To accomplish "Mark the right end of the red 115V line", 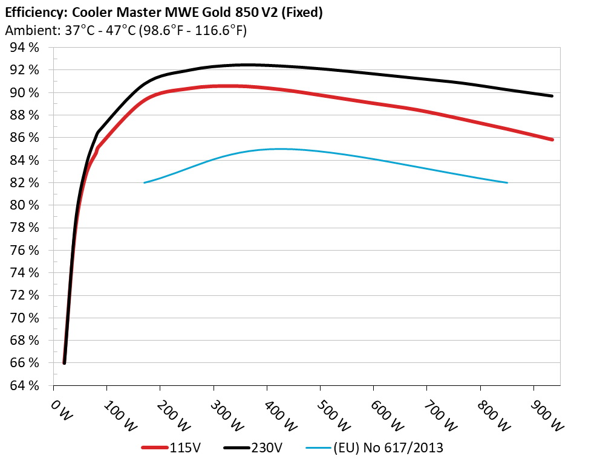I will [x=552, y=140].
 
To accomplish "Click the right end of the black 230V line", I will [x=552, y=96].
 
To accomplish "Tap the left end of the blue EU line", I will [x=145, y=182].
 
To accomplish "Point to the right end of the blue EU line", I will [x=507, y=182].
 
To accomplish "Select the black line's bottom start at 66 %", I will [x=64, y=362].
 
